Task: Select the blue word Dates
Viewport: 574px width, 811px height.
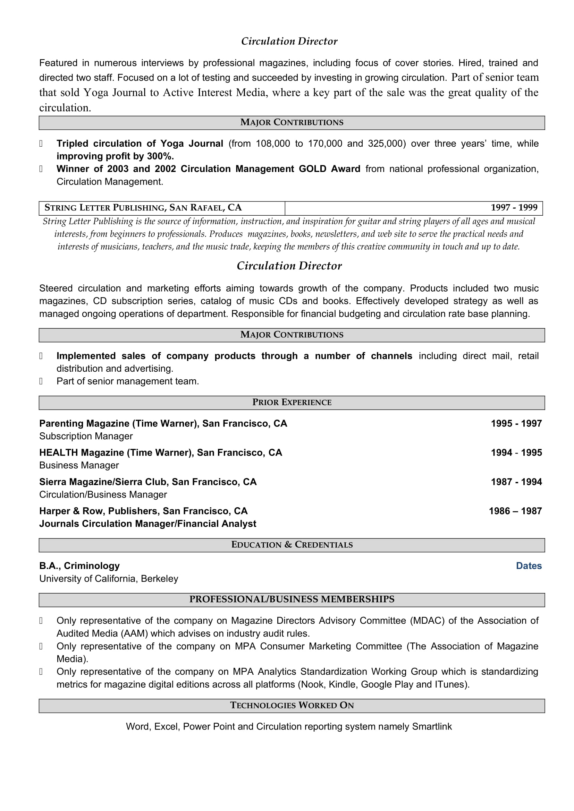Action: [x=529, y=566]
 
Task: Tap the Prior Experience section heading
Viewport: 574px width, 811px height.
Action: [x=292, y=402]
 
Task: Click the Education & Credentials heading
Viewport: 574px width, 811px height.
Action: [x=292, y=545]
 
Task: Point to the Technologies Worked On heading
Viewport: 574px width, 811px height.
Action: [x=292, y=705]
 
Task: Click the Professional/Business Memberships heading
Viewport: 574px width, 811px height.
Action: [x=292, y=599]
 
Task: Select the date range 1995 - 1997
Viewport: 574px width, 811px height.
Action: [x=516, y=423]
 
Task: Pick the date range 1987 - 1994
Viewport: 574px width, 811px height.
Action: [x=516, y=482]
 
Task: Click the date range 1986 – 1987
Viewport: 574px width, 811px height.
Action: [x=515, y=511]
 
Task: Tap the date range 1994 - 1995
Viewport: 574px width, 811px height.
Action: [x=516, y=453]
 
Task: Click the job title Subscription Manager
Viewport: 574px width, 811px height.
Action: [x=86, y=436]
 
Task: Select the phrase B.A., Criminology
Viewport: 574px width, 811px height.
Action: [x=79, y=566]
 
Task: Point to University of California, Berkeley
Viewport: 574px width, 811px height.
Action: [x=109, y=579]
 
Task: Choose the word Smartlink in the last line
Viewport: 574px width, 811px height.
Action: [x=432, y=727]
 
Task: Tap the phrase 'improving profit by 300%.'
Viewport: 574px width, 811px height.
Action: [x=115, y=156]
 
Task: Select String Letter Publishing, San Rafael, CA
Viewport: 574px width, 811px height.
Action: [x=143, y=208]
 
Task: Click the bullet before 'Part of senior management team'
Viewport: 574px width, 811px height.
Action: [x=41, y=381]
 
